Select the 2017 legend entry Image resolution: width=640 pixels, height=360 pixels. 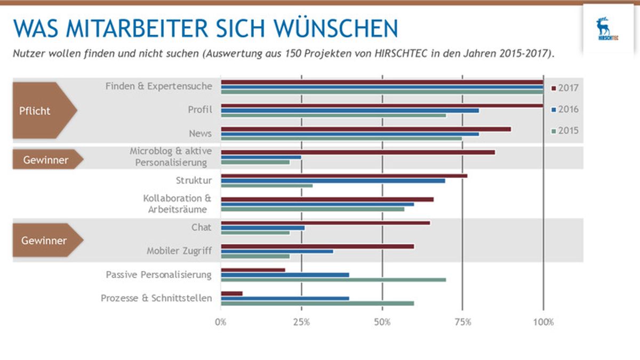coord(564,88)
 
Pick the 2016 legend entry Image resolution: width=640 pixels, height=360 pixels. coord(564,109)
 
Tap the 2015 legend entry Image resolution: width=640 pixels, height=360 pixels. coord(564,131)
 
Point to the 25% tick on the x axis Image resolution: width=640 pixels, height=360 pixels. coord(301,322)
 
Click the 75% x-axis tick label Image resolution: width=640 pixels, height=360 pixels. coord(462,322)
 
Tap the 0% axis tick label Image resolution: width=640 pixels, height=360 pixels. coord(221,322)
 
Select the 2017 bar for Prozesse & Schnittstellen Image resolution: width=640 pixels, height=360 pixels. coord(231,293)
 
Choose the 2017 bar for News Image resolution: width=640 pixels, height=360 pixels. coord(366,129)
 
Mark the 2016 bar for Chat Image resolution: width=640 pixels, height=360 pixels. coord(262,228)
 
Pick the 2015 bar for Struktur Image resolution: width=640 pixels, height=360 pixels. coord(267,186)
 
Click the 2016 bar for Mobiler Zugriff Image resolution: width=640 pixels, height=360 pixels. coord(277,251)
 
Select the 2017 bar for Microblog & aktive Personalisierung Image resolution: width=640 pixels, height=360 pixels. coord(358,153)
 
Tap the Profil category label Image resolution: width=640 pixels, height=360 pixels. coord(199,109)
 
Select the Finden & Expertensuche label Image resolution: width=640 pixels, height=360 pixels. coord(158,86)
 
